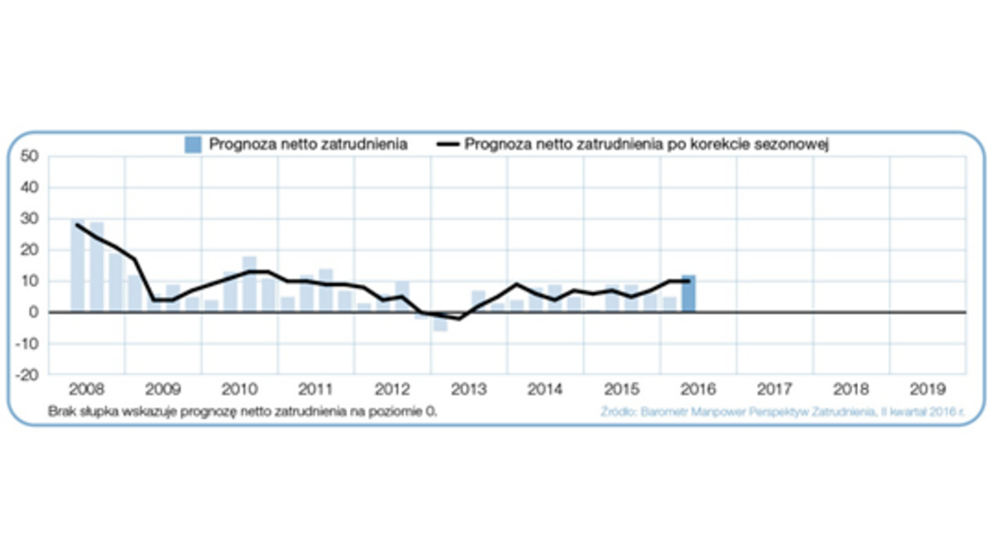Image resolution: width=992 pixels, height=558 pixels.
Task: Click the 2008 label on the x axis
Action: tap(86, 388)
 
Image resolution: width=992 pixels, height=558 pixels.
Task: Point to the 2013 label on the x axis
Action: tap(469, 388)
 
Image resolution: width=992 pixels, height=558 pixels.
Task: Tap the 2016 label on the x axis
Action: tap(698, 388)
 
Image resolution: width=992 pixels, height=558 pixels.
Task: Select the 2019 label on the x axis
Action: tap(928, 388)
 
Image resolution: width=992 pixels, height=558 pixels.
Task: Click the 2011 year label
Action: tap(315, 388)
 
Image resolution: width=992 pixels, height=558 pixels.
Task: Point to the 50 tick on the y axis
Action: tap(30, 156)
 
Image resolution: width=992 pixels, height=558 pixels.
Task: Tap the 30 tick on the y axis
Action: tap(30, 219)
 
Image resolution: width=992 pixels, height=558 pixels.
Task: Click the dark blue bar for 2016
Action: tap(688, 293)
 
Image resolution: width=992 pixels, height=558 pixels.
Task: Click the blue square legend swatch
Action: tap(193, 145)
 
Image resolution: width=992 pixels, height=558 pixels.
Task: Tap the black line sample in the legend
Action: tap(447, 145)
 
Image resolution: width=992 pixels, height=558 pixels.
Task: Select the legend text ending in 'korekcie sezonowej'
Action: tap(646, 145)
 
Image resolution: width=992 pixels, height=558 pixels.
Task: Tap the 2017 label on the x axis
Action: tap(775, 388)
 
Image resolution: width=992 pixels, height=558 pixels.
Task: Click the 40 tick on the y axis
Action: tap(30, 188)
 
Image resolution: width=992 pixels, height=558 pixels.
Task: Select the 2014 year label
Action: tap(545, 388)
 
